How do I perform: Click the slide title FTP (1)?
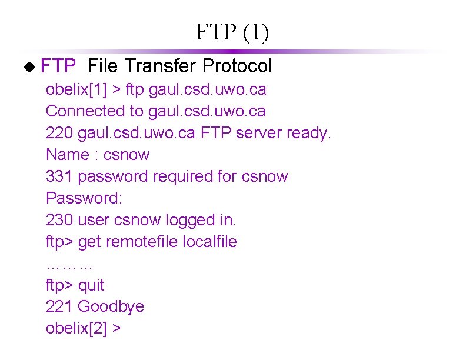(232, 33)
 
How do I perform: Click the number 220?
(59, 133)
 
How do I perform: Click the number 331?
(59, 176)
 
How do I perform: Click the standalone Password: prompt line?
(84, 198)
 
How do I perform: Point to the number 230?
(59, 220)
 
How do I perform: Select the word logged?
(189, 220)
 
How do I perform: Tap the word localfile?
(210, 242)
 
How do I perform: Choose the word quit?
(91, 285)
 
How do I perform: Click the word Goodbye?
(111, 307)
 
